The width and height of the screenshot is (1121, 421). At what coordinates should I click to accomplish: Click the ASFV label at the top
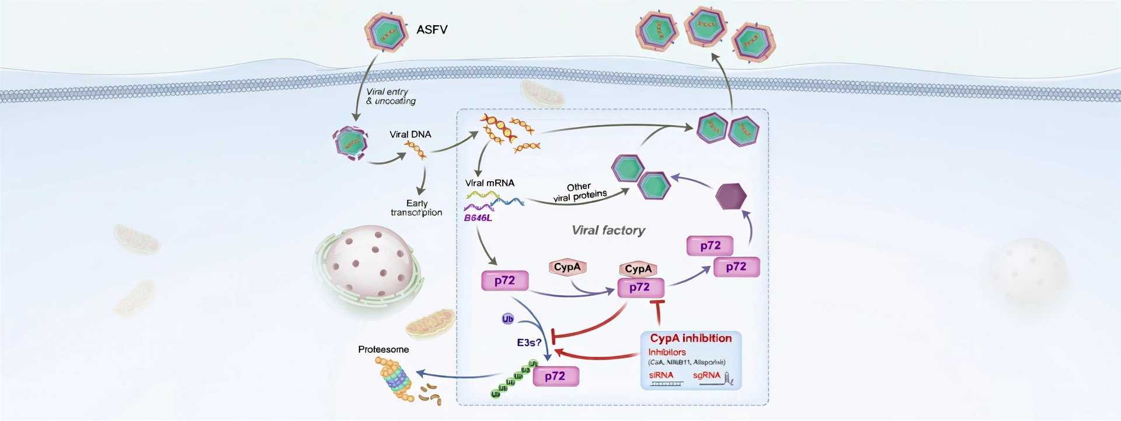(431, 29)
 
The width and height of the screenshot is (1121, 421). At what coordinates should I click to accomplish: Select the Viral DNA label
(410, 134)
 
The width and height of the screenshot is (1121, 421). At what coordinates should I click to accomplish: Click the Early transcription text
(416, 208)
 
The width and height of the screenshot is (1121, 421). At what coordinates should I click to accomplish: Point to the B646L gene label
(478, 218)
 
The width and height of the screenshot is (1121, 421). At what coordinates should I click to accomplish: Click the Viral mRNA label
(489, 183)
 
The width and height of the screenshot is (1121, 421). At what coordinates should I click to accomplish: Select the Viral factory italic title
(608, 230)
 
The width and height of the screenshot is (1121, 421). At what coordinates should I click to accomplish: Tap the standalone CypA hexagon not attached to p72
(567, 267)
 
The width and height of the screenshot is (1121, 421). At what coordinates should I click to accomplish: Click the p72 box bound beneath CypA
(640, 288)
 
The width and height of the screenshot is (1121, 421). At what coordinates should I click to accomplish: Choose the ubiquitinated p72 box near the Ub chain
(555, 376)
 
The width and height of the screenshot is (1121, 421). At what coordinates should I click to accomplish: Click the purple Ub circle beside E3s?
(507, 319)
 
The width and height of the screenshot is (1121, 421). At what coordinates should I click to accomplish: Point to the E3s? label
(529, 343)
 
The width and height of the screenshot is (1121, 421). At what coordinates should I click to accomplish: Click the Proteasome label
(383, 350)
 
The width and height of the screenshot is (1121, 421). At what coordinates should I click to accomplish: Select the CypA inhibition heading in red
(691, 339)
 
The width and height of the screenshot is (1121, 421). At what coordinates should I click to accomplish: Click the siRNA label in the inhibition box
(661, 375)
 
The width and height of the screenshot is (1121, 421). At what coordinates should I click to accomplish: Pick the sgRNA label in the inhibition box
(706, 375)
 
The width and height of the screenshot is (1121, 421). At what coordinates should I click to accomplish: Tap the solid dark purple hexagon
(731, 196)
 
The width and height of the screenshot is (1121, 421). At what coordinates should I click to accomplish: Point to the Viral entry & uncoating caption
(390, 96)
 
